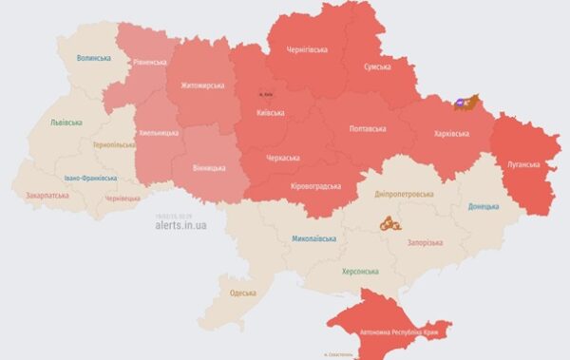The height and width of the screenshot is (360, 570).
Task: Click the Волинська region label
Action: pyautogui.click(x=94, y=58)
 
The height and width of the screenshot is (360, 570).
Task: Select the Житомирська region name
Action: pyautogui.click(x=201, y=86)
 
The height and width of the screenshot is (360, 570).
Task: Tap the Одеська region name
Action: pyautogui.click(x=243, y=293)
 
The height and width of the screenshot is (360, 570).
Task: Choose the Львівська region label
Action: pyautogui.click(x=66, y=123)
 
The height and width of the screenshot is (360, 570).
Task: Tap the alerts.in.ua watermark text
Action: pyautogui.click(x=179, y=226)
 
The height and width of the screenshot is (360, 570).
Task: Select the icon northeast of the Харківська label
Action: pyautogui.click(x=464, y=102)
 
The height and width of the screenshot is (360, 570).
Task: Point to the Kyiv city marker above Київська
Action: pyautogui.click(x=267, y=95)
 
